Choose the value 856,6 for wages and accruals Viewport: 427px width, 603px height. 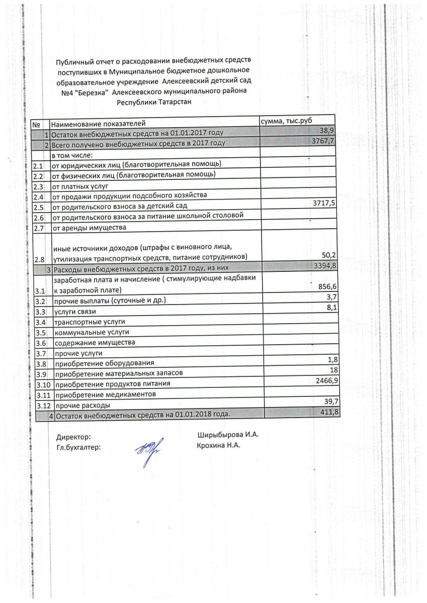point(325,286)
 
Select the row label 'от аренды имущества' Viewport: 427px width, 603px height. point(89,228)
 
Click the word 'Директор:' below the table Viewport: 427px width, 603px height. point(73,438)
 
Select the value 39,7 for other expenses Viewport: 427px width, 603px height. point(327,401)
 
